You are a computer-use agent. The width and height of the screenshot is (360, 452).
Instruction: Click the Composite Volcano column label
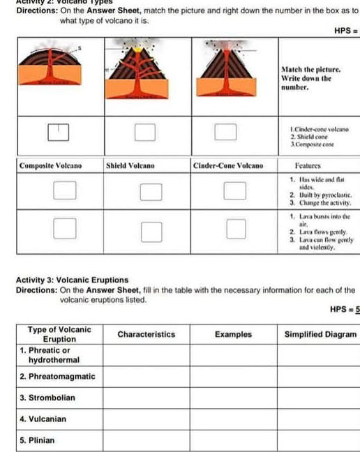[50, 166]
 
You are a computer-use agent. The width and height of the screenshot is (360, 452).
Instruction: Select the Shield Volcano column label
[130, 166]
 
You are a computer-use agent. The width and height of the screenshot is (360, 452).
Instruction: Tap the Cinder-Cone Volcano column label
[227, 166]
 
